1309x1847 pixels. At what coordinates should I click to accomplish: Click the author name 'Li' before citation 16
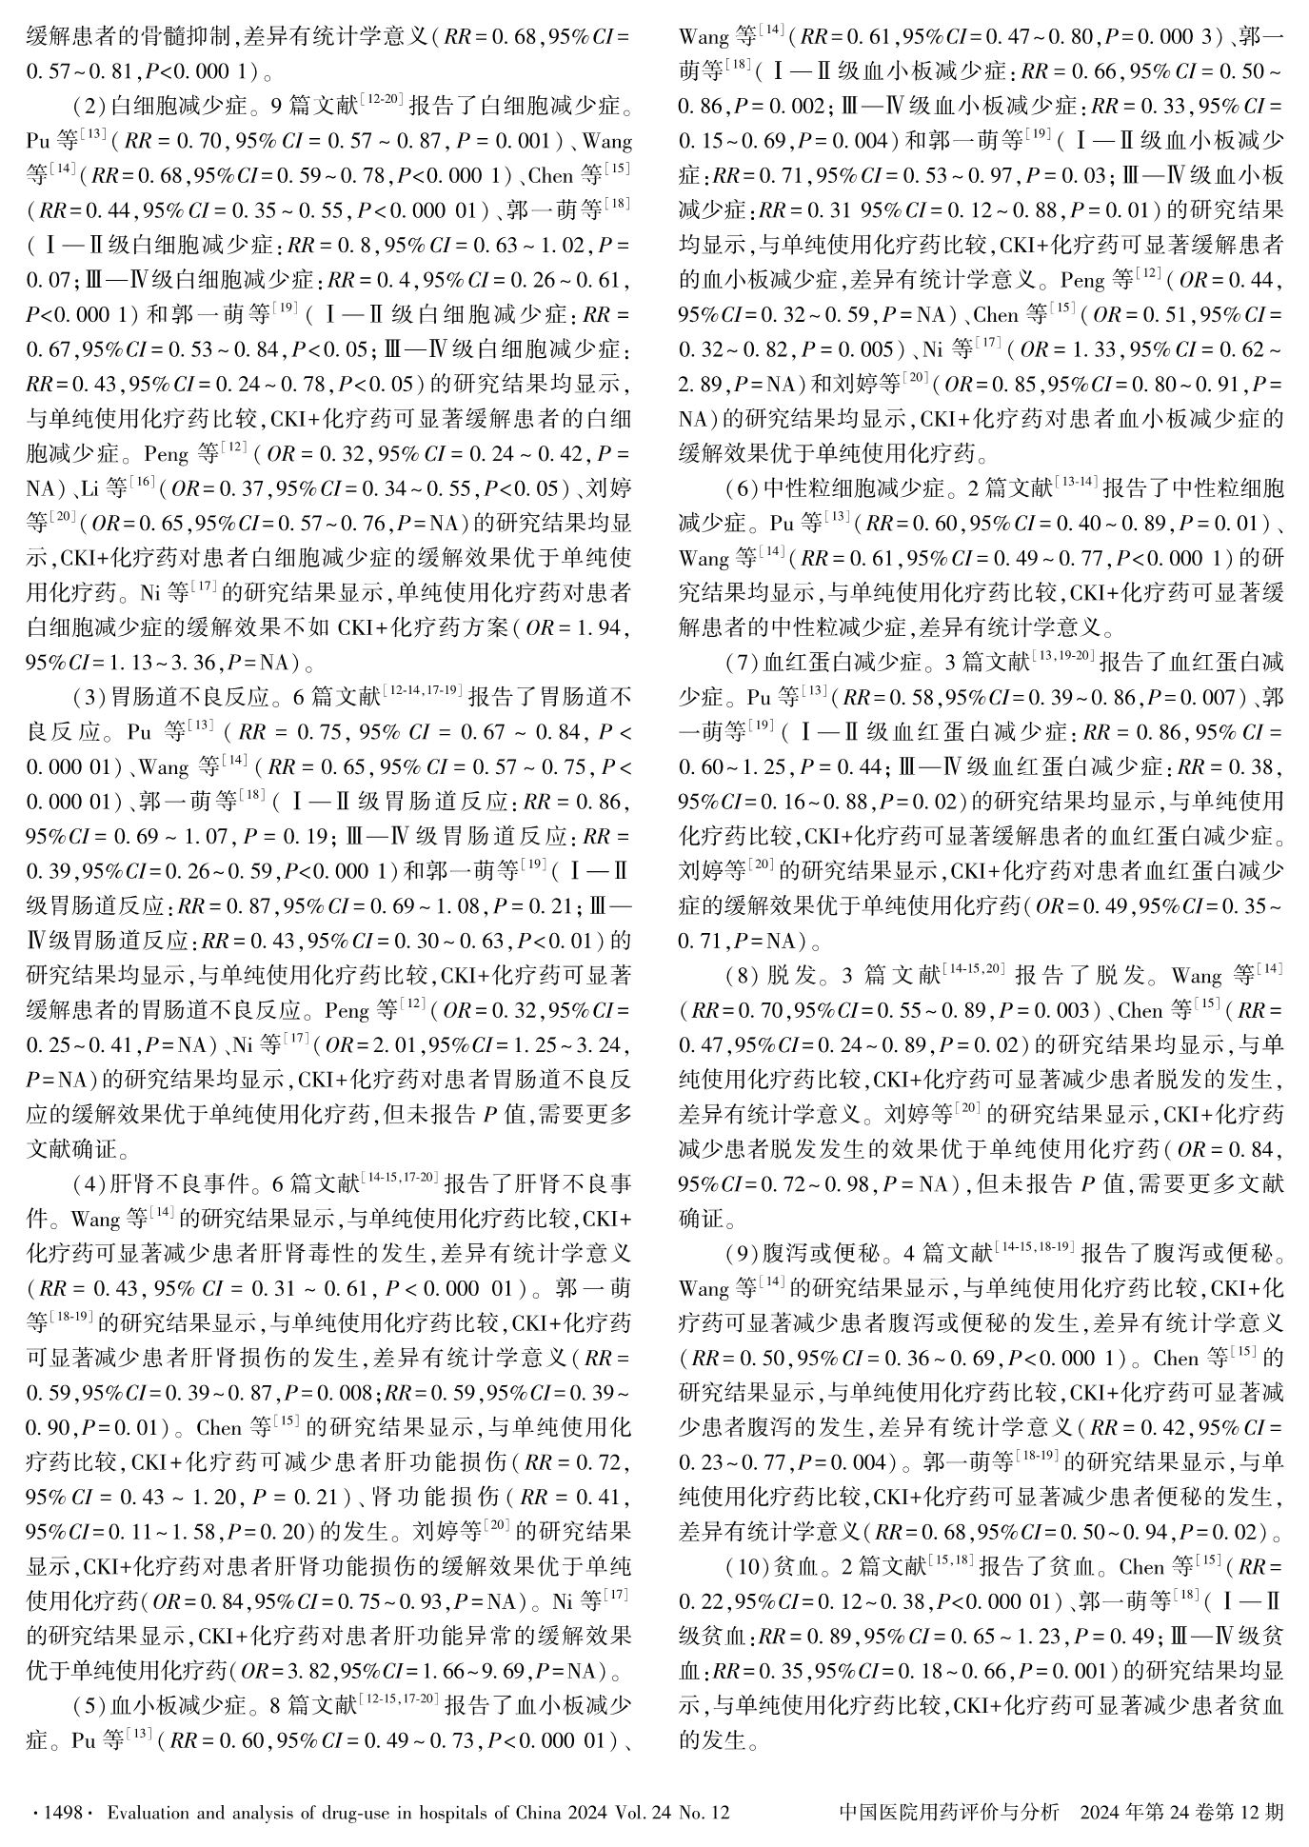[x=90, y=489]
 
